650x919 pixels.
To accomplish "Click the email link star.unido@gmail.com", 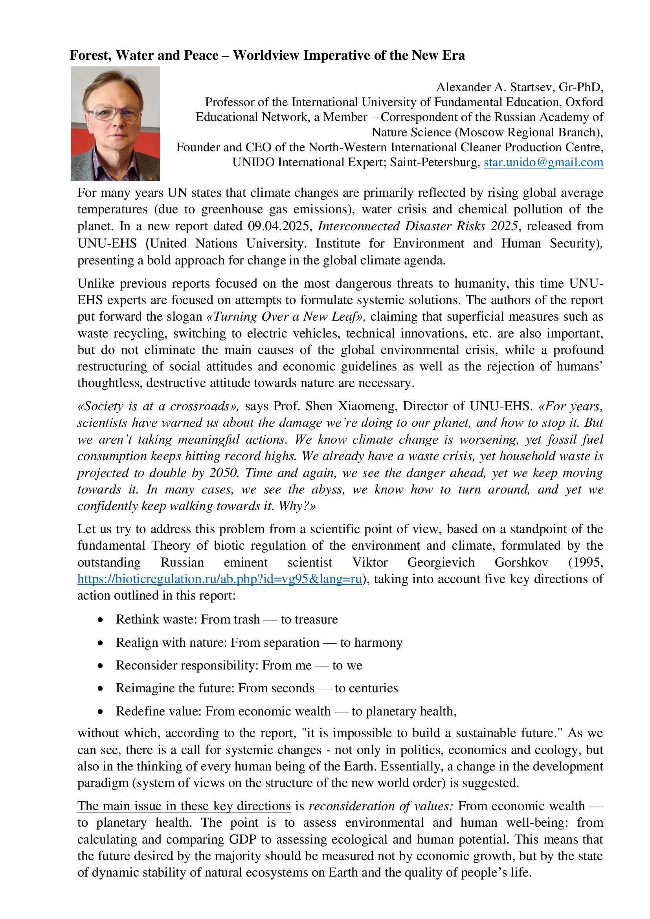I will (543, 163).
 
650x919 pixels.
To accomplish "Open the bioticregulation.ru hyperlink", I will (219, 579).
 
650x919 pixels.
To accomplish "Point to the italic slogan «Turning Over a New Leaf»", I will (285, 317).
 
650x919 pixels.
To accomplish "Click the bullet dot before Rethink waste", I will (101, 620).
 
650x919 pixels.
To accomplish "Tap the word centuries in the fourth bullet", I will (366, 688).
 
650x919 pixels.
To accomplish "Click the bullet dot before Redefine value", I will (101, 712).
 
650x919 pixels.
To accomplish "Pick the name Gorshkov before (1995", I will (521, 562).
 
